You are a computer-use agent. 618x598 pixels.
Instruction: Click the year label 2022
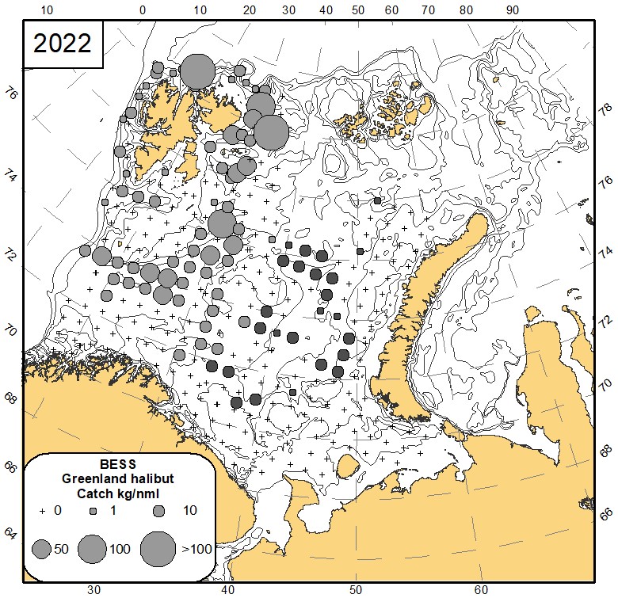pyautogui.click(x=62, y=43)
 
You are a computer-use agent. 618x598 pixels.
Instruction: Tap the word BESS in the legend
pyautogui.click(x=119, y=464)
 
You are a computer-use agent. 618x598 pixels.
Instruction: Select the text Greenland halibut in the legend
pyautogui.click(x=119, y=478)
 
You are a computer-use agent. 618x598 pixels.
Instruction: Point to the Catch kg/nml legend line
pyautogui.click(x=119, y=493)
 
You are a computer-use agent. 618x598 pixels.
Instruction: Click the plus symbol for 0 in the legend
pyautogui.click(x=43, y=511)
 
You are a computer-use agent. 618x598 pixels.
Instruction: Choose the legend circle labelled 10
pyautogui.click(x=158, y=511)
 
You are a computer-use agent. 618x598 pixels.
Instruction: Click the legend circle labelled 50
pyautogui.click(x=42, y=547)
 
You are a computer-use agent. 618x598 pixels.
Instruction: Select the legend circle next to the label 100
pyautogui.click(x=93, y=547)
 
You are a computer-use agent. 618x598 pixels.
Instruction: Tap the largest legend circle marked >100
pyautogui.click(x=158, y=547)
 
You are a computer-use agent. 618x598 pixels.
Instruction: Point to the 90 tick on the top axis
pyautogui.click(x=512, y=10)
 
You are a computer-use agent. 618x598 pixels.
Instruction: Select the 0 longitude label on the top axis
pyautogui.click(x=143, y=10)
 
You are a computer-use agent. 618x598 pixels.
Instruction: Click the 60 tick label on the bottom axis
pyautogui.click(x=481, y=590)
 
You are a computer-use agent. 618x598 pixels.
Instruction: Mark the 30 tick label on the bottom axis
pyautogui.click(x=93, y=590)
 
